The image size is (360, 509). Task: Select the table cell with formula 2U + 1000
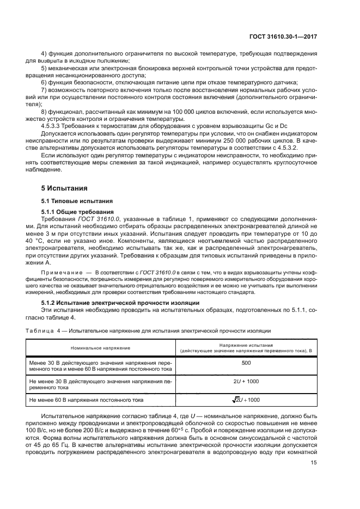click(246, 382)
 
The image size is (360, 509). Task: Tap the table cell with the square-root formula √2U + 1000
click(246, 400)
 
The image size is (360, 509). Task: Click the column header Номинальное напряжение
click(100, 347)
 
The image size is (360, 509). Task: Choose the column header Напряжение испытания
click(246, 345)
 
